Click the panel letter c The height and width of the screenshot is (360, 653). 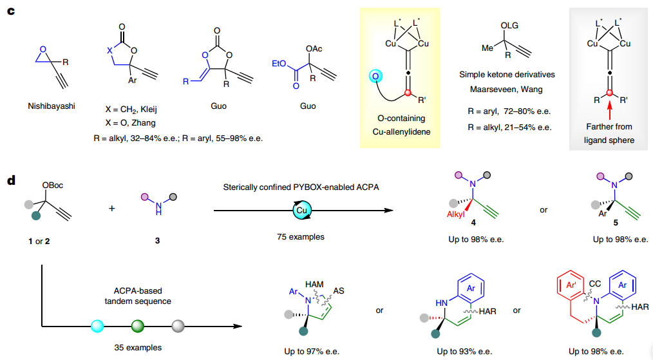tap(11, 12)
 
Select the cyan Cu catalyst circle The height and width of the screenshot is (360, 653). tap(302, 210)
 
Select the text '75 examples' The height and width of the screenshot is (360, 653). tap(302, 237)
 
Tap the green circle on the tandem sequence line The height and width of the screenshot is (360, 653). tap(137, 325)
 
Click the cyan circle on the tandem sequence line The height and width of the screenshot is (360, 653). tap(97, 325)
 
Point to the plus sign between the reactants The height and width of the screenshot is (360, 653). tap(112, 209)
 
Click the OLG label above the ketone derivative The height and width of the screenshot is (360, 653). tap(510, 25)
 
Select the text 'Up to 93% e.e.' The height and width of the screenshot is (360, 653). tap(464, 351)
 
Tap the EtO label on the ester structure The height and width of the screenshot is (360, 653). tap(279, 62)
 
